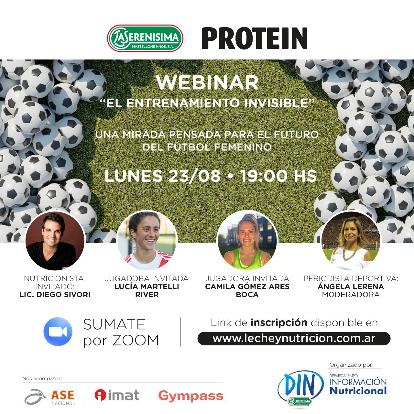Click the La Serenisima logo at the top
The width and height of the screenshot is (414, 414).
[x=145, y=38]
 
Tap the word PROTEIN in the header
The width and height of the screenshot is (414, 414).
[x=255, y=38]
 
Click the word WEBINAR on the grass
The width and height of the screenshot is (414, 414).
[x=207, y=82]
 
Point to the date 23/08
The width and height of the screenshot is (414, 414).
[x=195, y=176]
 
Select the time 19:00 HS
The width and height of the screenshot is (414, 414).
[x=278, y=176]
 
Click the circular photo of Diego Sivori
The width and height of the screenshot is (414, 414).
[x=55, y=241]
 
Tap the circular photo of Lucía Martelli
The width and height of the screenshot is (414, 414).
[x=147, y=241]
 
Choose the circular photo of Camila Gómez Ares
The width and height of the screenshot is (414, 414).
[x=247, y=240]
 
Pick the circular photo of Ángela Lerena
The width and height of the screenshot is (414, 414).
[x=351, y=240]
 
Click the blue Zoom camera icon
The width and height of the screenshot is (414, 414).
[x=58, y=332]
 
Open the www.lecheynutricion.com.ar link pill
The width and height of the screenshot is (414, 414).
[x=294, y=339]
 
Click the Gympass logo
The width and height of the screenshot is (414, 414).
[x=191, y=396]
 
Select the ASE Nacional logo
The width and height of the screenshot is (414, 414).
[x=49, y=397]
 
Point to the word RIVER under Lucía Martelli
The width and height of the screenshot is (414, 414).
[x=147, y=295]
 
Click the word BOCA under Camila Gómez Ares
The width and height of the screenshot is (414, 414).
[x=247, y=295]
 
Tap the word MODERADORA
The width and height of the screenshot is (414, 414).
[x=351, y=295]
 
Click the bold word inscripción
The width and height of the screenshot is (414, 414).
[x=279, y=323]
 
